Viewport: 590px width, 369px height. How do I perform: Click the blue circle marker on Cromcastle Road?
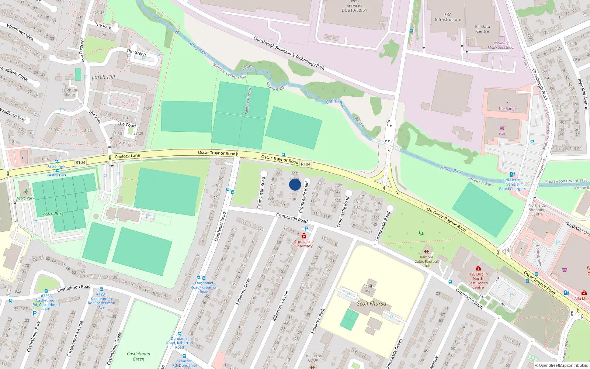pos(295,184)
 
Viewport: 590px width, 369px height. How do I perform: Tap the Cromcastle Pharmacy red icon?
pos(303,236)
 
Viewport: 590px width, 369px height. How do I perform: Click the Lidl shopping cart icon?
pos(502,128)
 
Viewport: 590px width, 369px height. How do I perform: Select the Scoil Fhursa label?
pos(371,304)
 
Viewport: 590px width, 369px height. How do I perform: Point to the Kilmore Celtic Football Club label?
pos(427,261)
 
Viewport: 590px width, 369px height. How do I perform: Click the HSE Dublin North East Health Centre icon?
pos(478,268)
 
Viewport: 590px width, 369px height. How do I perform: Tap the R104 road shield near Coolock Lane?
pos(80,162)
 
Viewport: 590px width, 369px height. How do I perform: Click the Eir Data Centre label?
pos(482,29)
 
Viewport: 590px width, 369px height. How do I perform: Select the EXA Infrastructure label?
pos(448,17)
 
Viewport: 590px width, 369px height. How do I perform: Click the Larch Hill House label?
pos(69,92)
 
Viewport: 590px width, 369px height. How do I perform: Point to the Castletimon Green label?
pos(138,356)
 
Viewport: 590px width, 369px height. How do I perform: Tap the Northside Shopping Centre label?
pos(537,210)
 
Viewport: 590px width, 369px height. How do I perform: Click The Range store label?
pos(507,108)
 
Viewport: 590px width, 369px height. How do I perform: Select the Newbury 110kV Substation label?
pos(501,45)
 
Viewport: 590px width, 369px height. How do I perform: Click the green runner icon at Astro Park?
pos(25,192)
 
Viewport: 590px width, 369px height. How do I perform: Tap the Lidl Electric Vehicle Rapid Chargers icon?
pos(512,175)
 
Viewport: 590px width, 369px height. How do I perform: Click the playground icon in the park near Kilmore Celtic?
pos(421,233)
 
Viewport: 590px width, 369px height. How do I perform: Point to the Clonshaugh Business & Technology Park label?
pos(289,53)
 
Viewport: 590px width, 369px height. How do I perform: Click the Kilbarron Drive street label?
pos(243,291)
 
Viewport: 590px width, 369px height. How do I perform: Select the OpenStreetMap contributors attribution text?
pos(561,365)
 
